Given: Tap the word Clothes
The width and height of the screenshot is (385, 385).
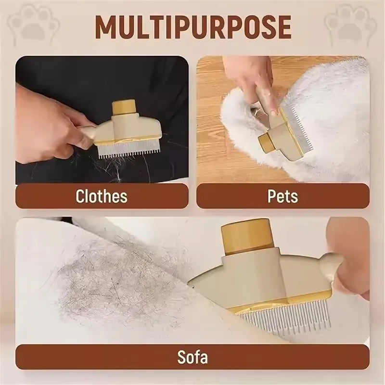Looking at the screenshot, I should pyautogui.click(x=101, y=196).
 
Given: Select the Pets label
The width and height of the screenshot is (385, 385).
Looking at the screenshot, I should pyautogui.click(x=282, y=196).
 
